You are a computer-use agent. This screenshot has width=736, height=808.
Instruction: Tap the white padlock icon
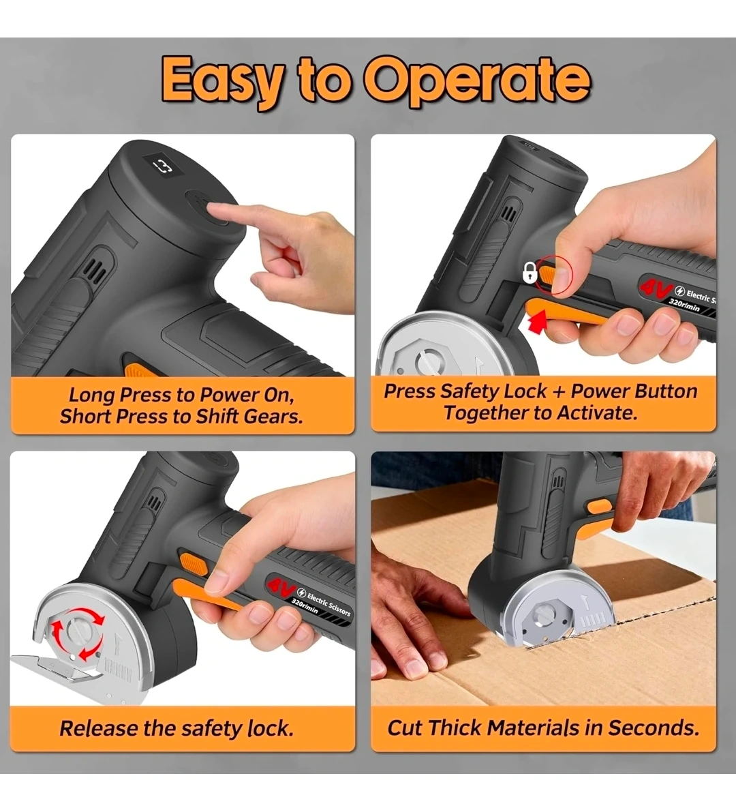point(530,272)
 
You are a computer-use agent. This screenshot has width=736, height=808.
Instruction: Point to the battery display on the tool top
point(162,166)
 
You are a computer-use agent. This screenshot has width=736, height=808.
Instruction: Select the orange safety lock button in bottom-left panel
point(193,562)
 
